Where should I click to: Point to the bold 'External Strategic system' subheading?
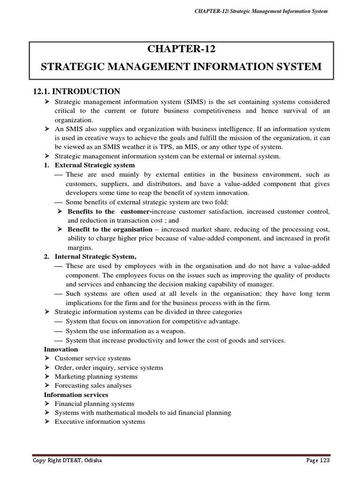pos(95,165)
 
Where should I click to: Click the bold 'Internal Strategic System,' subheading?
pos(96,256)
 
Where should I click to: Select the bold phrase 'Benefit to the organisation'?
pos(110,229)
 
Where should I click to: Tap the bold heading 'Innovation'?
pos(61,349)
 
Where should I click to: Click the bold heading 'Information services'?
pos(76,395)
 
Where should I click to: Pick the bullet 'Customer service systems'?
pos(93,359)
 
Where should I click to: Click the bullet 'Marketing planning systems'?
pos(96,376)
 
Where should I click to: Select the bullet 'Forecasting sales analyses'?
pos(93,386)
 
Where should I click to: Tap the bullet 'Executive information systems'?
pos(100,422)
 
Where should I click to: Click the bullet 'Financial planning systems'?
pos(94,404)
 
